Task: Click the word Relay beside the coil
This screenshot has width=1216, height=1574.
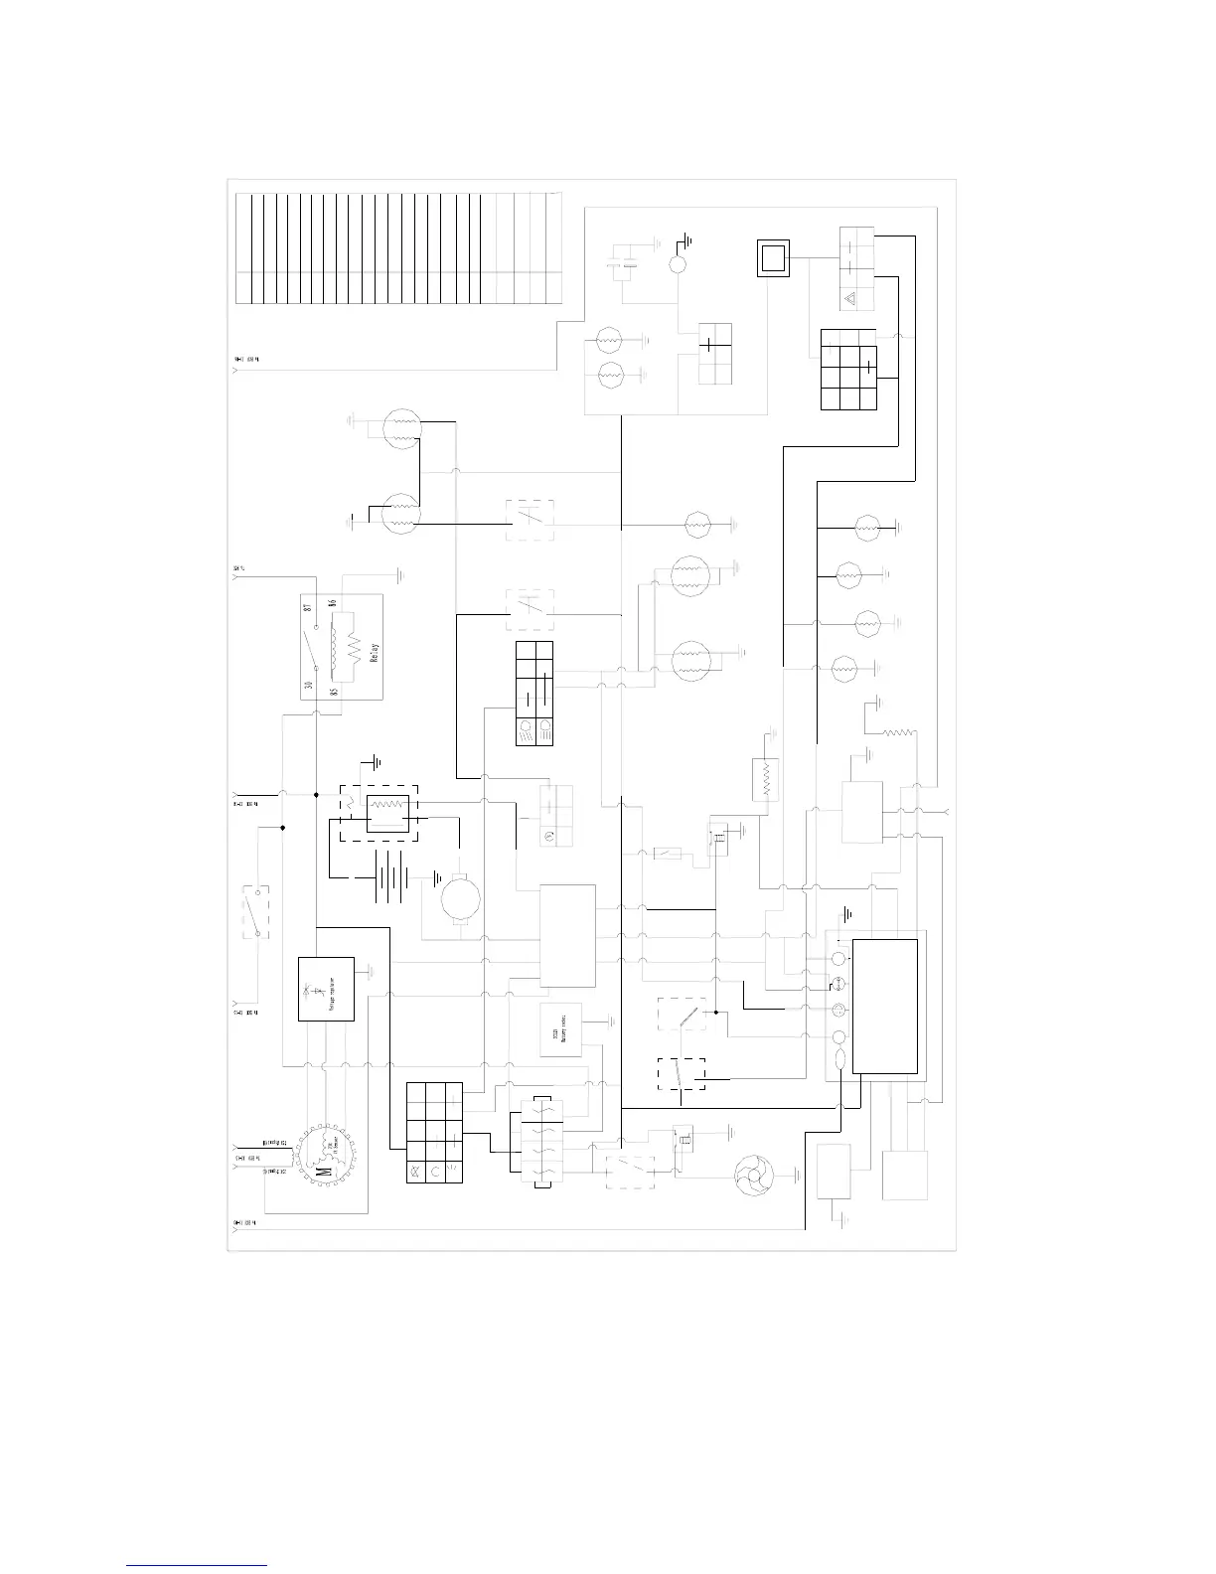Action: point(375,657)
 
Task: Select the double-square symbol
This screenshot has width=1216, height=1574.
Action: point(773,258)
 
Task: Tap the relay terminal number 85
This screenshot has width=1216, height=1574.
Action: point(334,690)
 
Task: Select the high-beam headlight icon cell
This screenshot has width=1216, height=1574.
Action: point(527,732)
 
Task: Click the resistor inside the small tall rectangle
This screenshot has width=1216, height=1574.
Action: point(765,779)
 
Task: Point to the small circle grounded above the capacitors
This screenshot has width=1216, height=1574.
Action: point(679,265)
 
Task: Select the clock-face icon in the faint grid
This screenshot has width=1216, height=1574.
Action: point(546,837)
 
